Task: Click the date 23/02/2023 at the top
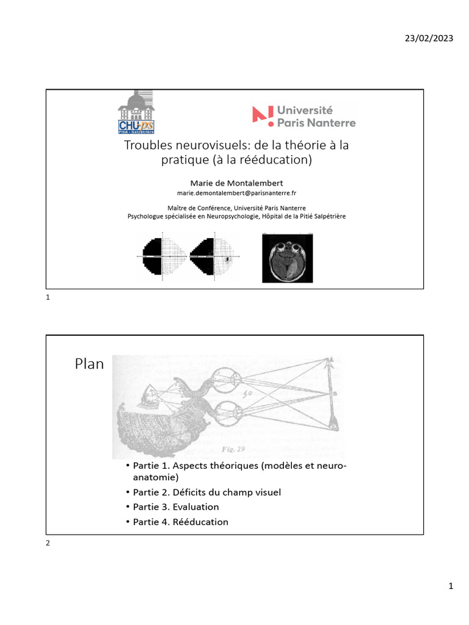[429, 38]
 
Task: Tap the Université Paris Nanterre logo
[304, 115]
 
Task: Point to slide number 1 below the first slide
[48, 298]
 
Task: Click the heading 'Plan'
[89, 364]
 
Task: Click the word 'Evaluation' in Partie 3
[195, 507]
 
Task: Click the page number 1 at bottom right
[451, 587]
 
